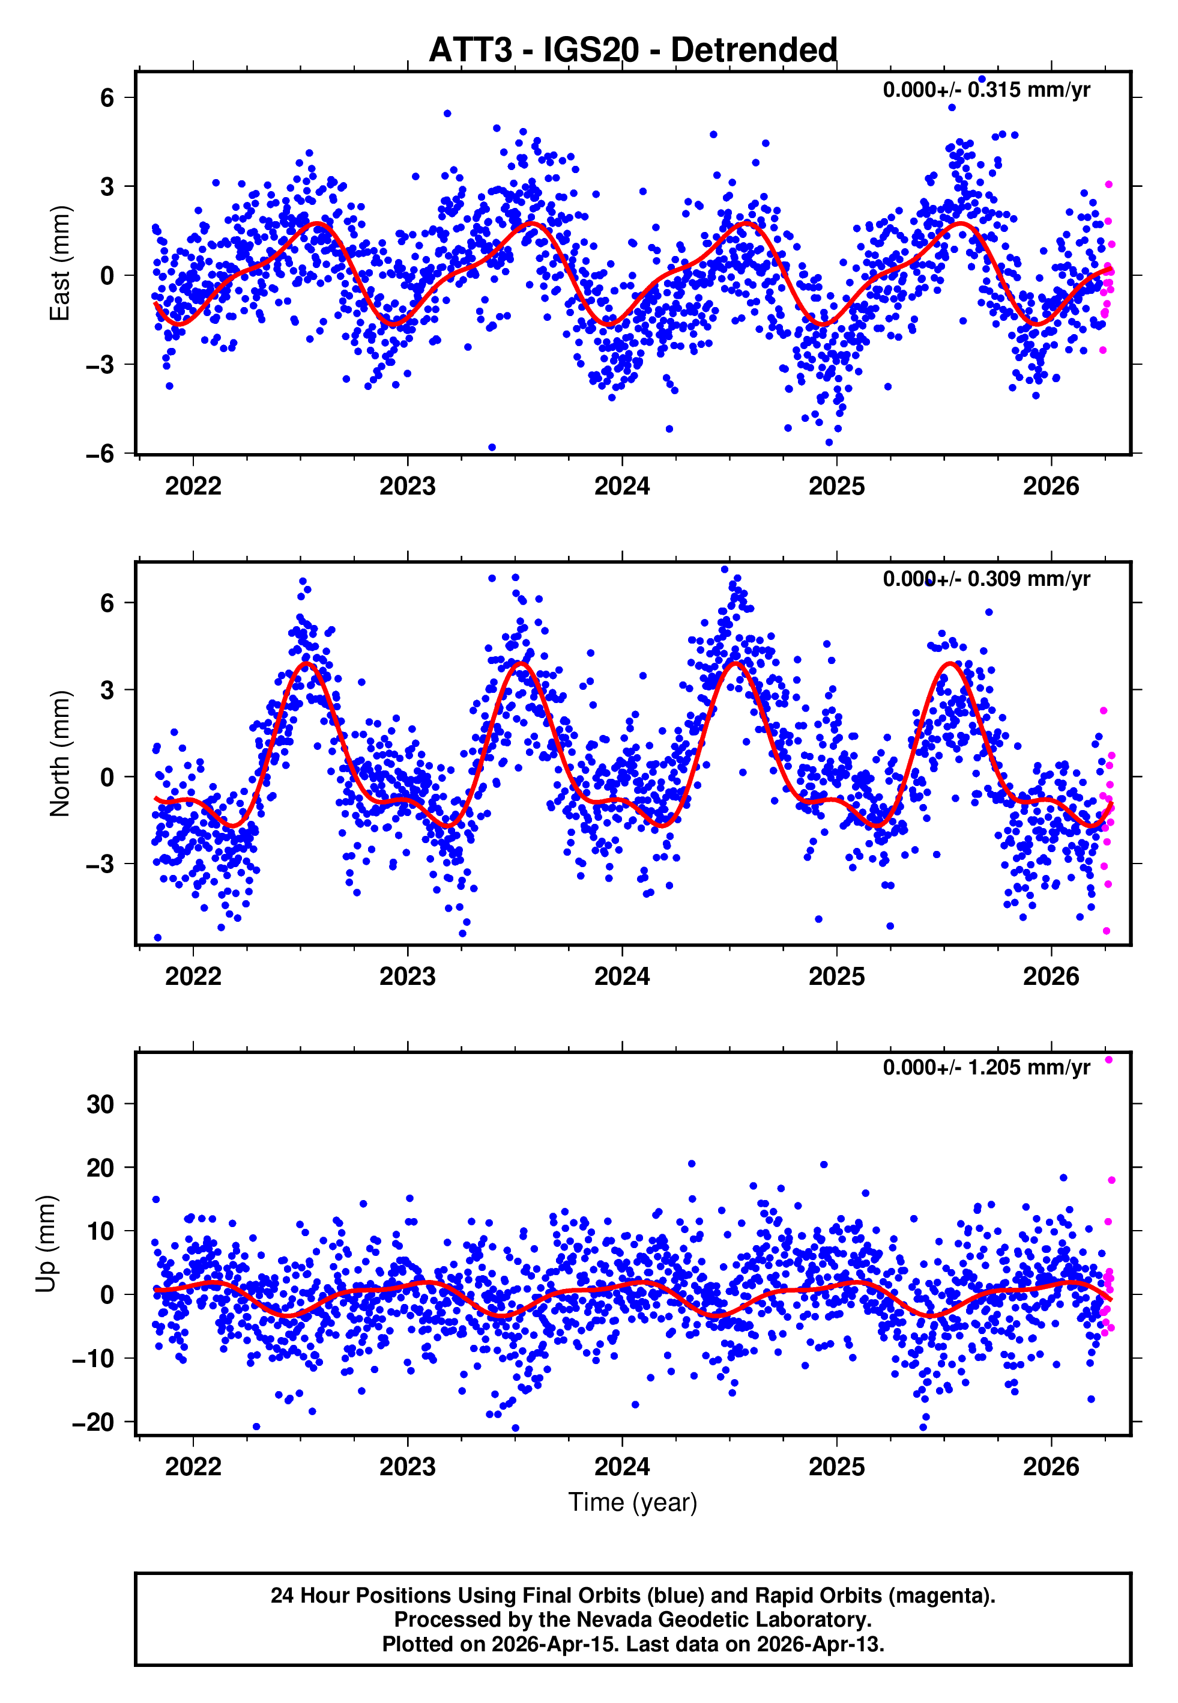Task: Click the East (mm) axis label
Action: pos(60,264)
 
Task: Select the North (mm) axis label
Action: pos(60,754)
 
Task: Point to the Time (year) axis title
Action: pos(633,1502)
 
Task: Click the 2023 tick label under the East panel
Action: pos(408,487)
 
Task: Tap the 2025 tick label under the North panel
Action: pos(836,976)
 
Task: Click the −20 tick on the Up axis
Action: pos(94,1422)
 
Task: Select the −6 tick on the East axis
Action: pos(100,454)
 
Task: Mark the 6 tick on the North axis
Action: pos(107,603)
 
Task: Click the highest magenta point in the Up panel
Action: pos(1108,1060)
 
